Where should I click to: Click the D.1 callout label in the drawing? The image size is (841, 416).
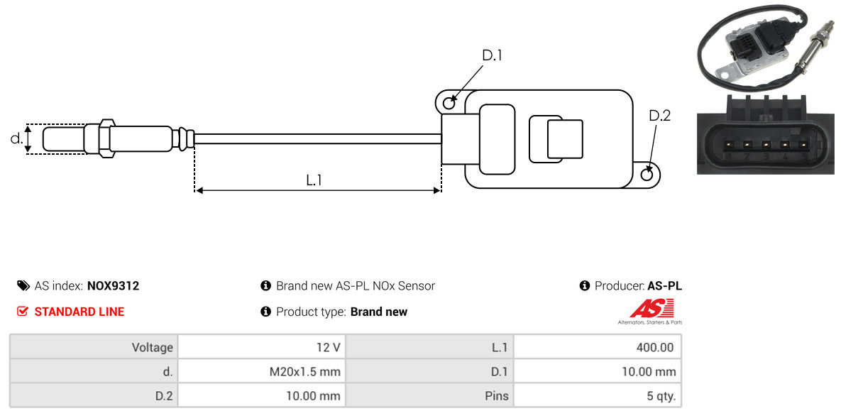(492, 55)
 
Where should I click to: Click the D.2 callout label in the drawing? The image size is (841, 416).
(660, 116)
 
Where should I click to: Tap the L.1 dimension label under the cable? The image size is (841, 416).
(314, 180)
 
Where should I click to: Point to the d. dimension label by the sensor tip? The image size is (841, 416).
(16, 138)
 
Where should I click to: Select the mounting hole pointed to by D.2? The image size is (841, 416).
(647, 175)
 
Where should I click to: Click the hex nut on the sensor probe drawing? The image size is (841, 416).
(106, 138)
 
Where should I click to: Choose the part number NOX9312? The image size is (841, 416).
(113, 286)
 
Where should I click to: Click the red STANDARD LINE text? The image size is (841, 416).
(79, 312)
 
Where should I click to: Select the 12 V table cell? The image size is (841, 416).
(262, 347)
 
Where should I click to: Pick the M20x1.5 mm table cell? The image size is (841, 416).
(262, 371)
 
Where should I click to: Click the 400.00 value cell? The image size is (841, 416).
(598, 347)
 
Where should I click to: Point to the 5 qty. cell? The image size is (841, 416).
(598, 396)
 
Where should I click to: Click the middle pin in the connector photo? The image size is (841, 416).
(765, 145)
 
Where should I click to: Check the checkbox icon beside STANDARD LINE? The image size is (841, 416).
(23, 312)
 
